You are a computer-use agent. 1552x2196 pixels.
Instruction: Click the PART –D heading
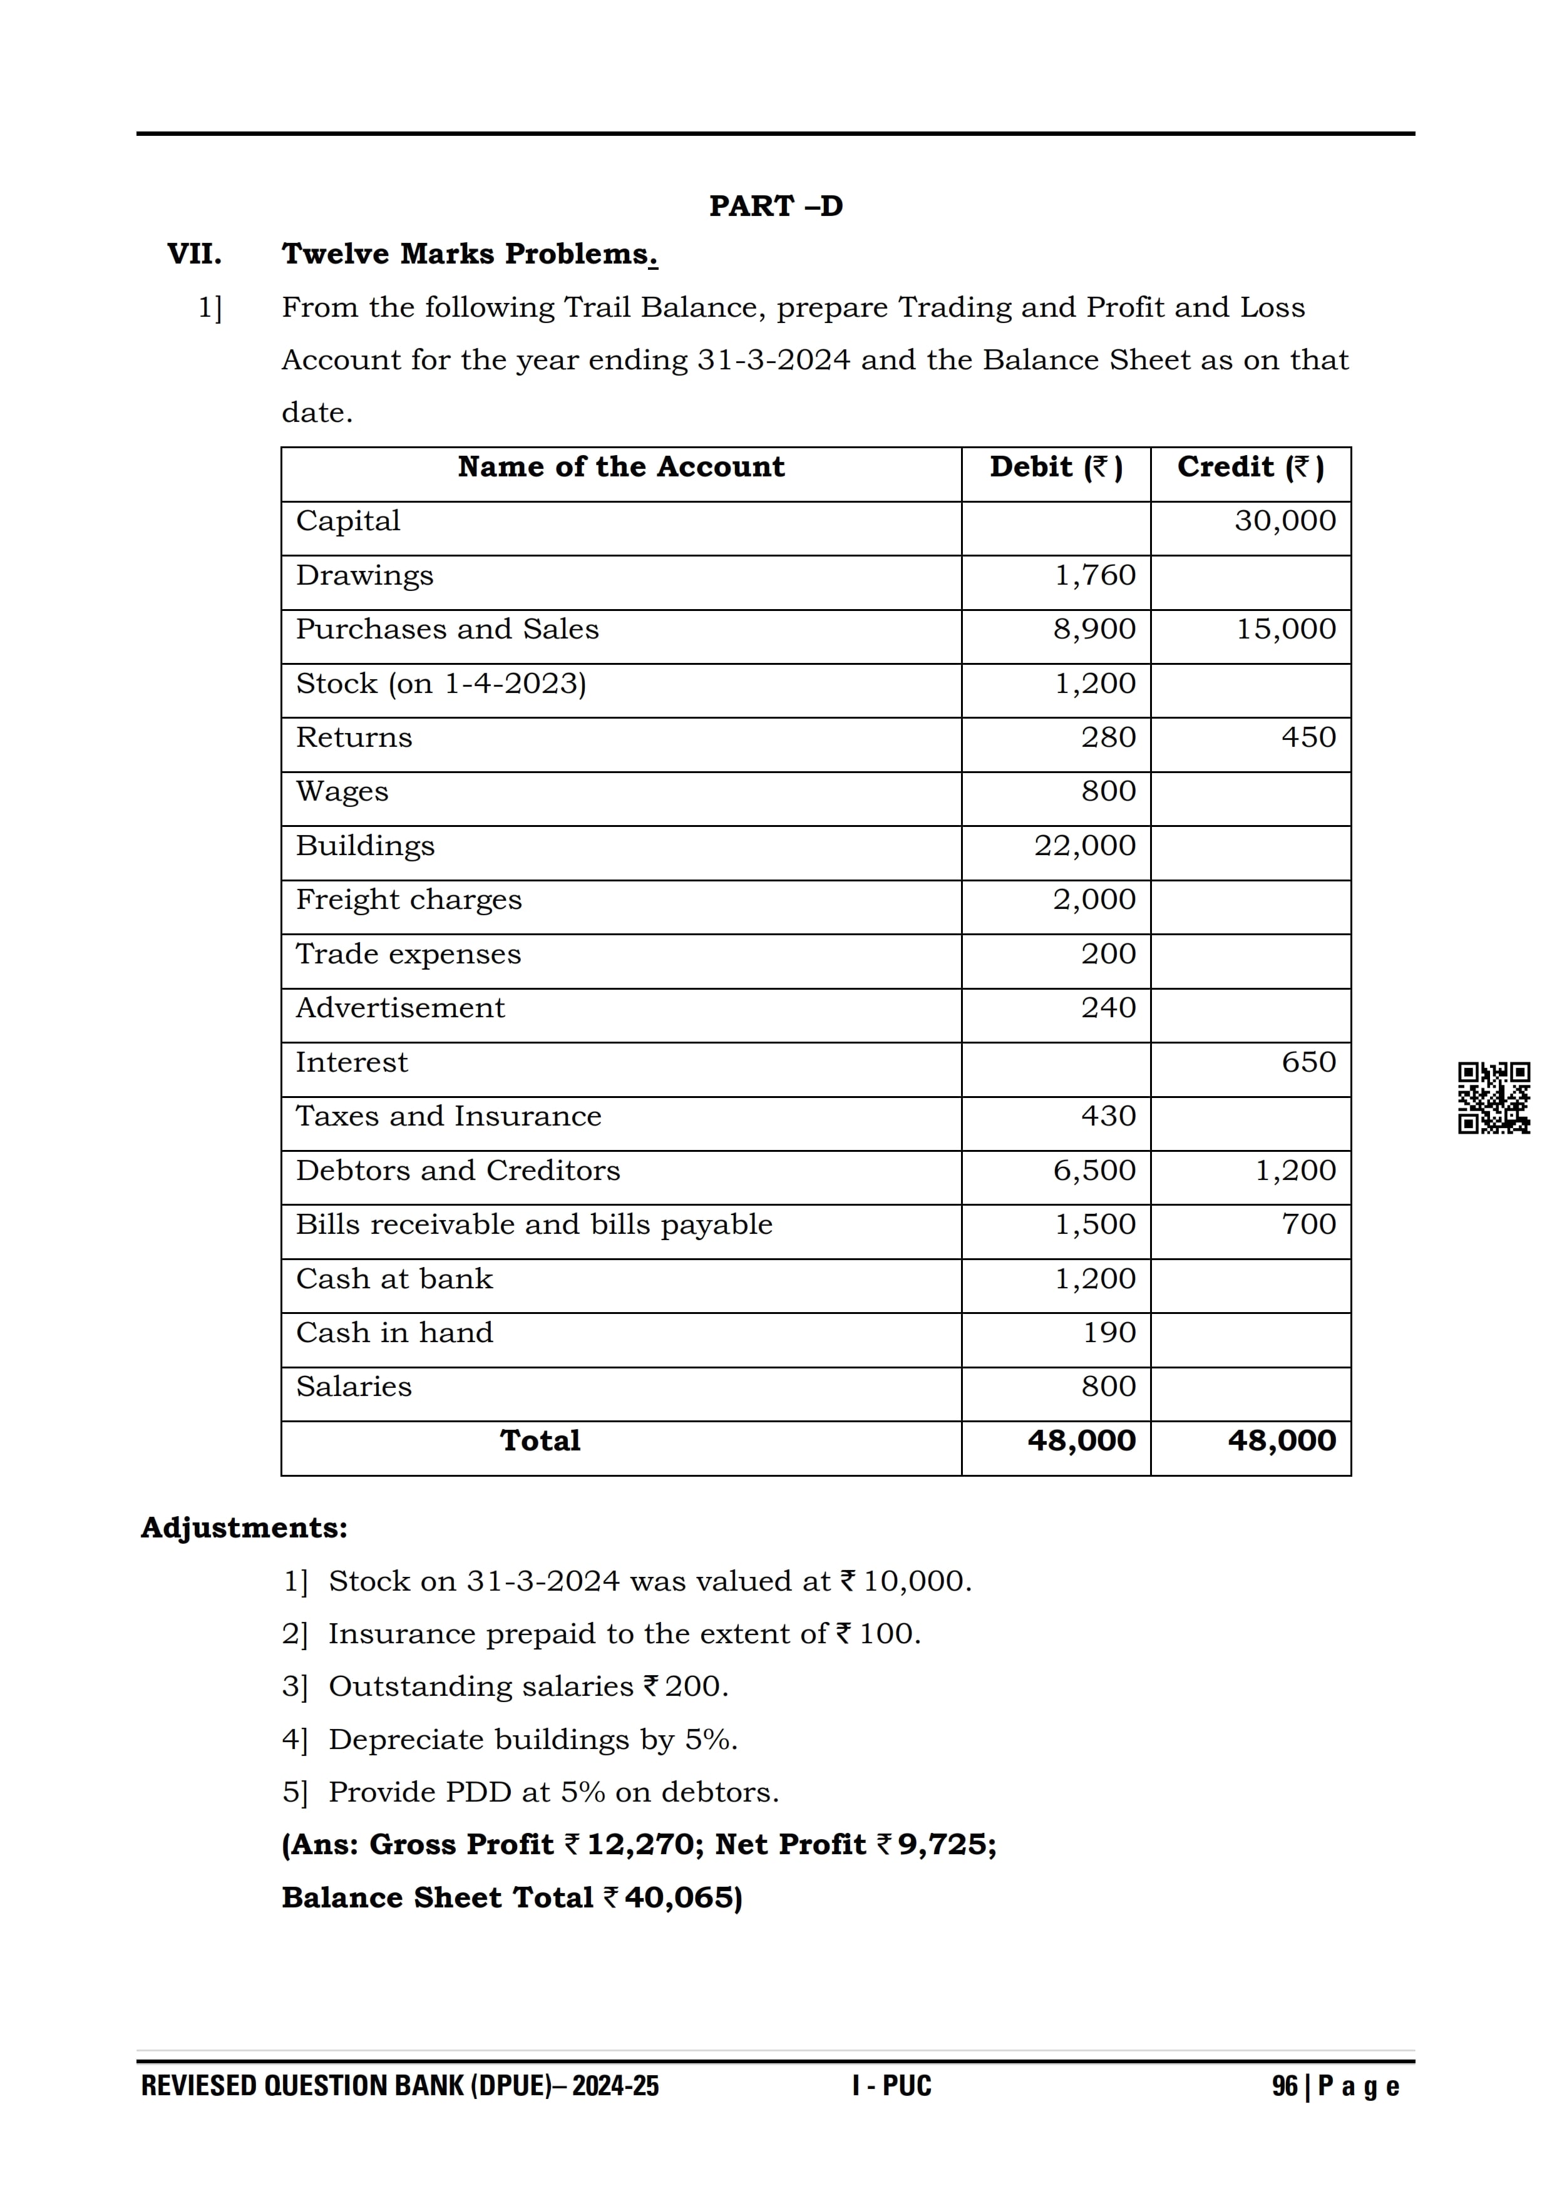776,205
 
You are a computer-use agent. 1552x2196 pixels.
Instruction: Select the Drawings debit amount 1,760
1095,576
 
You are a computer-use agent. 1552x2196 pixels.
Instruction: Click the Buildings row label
365,846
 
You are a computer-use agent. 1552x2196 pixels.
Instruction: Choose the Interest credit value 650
1308,1062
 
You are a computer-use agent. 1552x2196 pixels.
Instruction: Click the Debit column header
1056,468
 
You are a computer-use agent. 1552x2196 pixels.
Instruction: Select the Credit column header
1250,468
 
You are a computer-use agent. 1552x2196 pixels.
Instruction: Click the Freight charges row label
408,900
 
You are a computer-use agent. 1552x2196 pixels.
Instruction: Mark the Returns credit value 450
1308,737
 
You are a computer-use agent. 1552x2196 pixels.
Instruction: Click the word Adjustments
244,1527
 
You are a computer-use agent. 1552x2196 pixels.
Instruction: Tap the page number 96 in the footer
1284,2086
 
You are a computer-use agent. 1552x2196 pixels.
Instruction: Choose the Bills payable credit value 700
1308,1224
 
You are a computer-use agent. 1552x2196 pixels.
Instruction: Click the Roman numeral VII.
194,254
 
